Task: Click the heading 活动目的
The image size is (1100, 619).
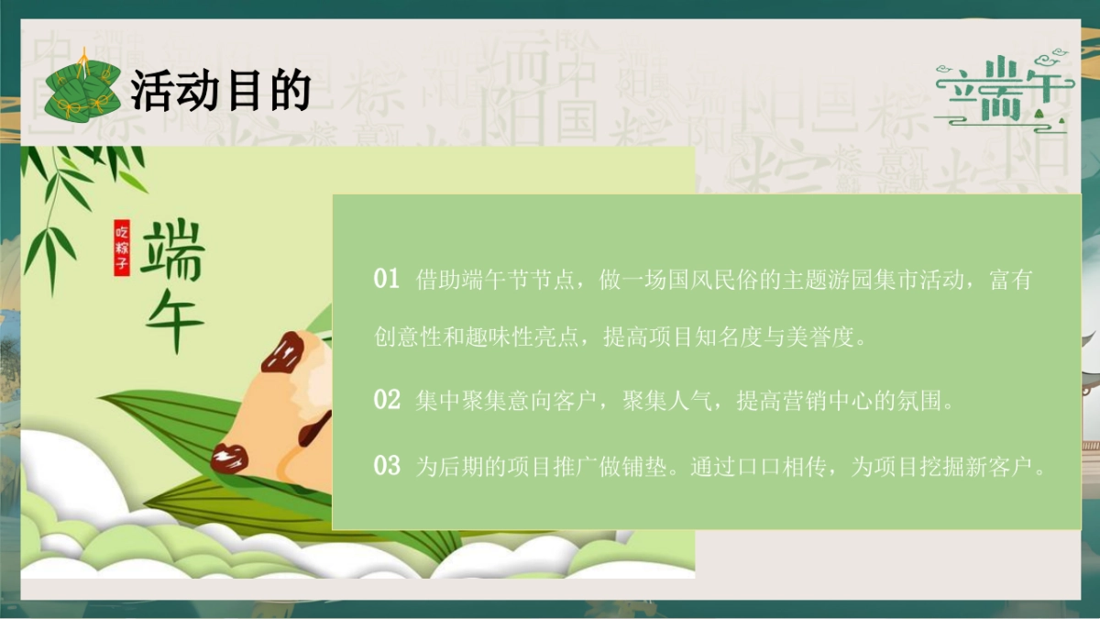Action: (220, 91)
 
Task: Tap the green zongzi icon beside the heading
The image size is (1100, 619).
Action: (82, 89)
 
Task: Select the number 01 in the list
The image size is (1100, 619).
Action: (387, 279)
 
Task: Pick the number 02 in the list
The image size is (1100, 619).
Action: (387, 400)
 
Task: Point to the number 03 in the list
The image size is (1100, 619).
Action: (387, 466)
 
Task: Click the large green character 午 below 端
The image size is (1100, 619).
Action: (172, 321)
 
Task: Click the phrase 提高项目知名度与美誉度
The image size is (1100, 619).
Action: (734, 338)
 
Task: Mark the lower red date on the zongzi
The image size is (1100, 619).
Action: (230, 456)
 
